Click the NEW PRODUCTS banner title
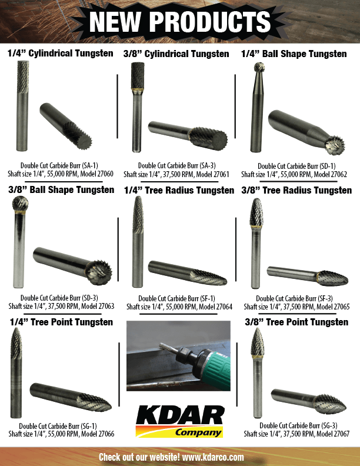pyautogui.click(x=179, y=21)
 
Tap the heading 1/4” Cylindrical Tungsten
pyautogui.click(x=61, y=54)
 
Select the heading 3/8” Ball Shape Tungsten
pyautogui.click(x=61, y=190)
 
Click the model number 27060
pyautogui.click(x=105, y=174)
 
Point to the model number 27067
pyautogui.click(x=342, y=434)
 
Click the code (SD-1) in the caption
pyautogui.click(x=328, y=166)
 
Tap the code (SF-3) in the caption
pyautogui.click(x=325, y=298)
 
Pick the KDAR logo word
pyautogui.click(x=180, y=415)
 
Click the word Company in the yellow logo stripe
pyautogui.click(x=198, y=432)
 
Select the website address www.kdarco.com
pyautogui.click(x=213, y=457)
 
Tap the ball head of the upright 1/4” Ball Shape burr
pyautogui.click(x=259, y=67)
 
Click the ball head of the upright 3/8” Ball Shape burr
pyautogui.click(x=20, y=204)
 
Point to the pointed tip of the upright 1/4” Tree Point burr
pyautogui.click(x=16, y=328)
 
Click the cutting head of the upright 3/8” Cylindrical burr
pyautogui.click(x=138, y=75)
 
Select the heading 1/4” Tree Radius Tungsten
pyautogui.click(x=179, y=191)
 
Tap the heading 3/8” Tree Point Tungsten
pyautogui.click(x=296, y=322)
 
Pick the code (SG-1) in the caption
pyautogui.click(x=89, y=426)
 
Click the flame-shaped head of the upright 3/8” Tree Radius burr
pyautogui.click(x=256, y=212)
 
